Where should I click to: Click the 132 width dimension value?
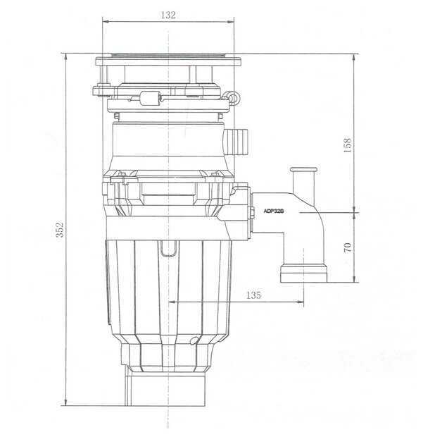168,15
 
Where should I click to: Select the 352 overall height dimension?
61,229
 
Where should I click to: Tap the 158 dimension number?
346,144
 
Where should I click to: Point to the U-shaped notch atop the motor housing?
168,247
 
